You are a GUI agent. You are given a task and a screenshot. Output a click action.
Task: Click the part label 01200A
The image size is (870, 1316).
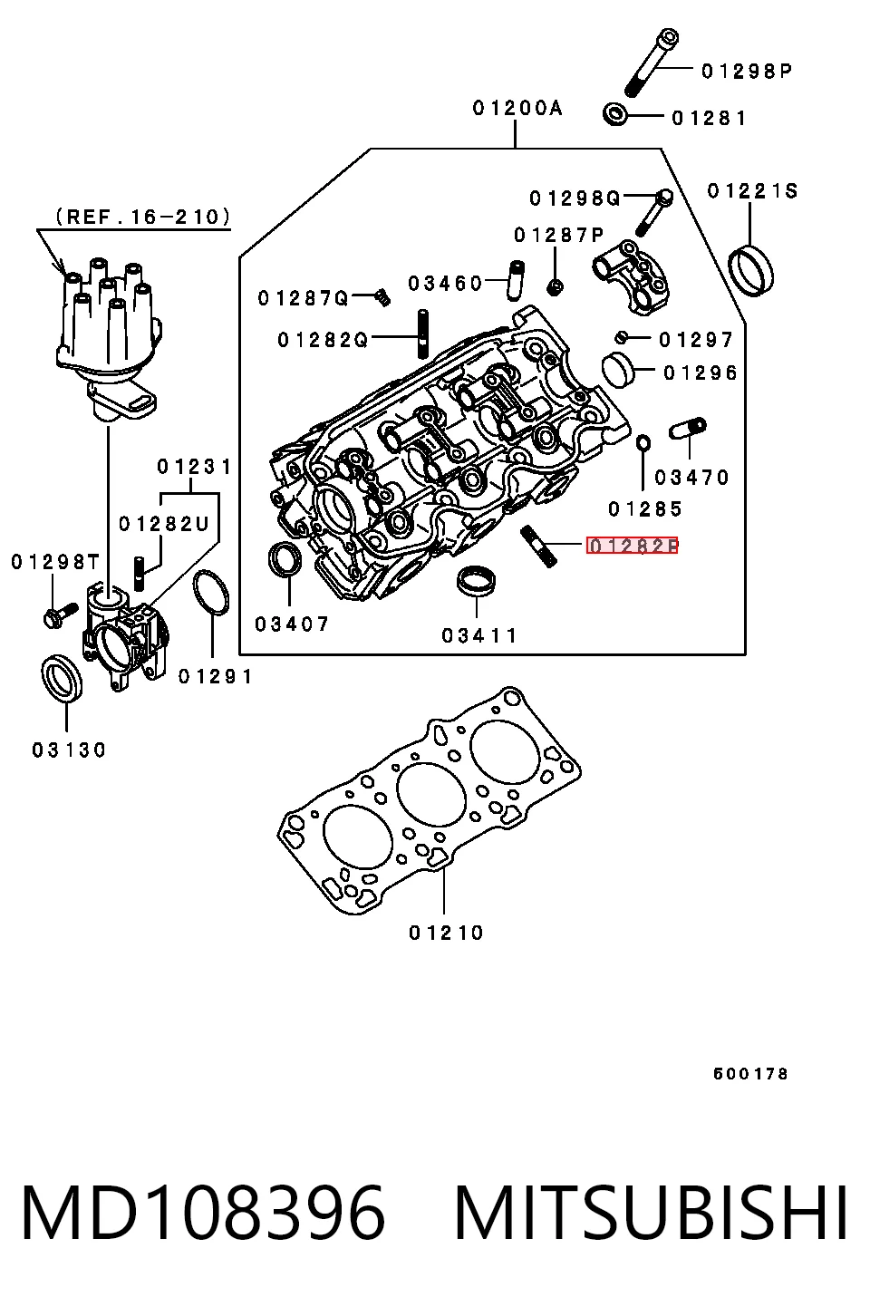click(517, 108)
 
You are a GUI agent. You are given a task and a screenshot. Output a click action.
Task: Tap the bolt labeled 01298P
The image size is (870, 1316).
click(651, 62)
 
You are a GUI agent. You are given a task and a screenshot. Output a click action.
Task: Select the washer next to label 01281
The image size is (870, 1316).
click(615, 114)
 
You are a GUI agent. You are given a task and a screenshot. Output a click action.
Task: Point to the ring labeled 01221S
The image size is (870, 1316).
click(750, 271)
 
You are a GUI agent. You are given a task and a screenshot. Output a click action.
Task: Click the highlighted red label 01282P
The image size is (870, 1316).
click(632, 546)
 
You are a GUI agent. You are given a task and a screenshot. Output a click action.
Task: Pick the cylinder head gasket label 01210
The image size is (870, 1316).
click(446, 933)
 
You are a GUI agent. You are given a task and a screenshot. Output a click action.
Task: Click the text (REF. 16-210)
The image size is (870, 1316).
click(143, 217)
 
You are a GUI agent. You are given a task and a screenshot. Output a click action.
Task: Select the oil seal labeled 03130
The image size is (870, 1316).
click(62, 678)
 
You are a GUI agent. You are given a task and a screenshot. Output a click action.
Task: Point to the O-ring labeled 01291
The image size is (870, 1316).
click(211, 592)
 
